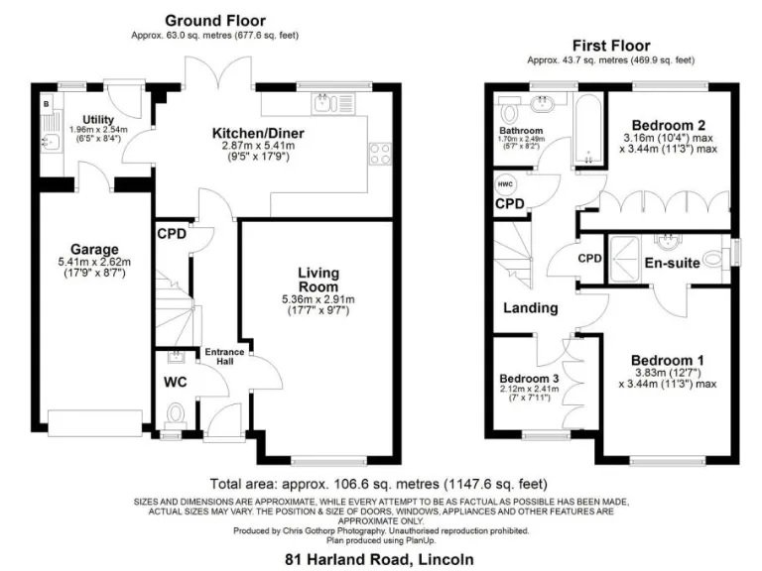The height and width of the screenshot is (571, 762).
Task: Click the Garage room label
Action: click(94, 249)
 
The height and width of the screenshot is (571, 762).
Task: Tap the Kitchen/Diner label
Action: click(258, 133)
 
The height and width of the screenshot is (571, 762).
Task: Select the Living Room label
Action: click(318, 280)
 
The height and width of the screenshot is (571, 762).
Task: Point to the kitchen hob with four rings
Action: click(379, 154)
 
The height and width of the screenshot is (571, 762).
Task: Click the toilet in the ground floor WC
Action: click(176, 413)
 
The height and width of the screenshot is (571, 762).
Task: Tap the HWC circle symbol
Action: click(504, 182)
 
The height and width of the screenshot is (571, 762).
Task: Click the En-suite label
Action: click(669, 264)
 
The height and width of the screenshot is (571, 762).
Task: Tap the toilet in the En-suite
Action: click(714, 263)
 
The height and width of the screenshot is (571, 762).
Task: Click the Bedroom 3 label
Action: click(529, 379)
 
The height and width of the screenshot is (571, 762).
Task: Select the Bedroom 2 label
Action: click(672, 124)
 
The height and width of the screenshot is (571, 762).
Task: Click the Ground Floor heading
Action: click(214, 21)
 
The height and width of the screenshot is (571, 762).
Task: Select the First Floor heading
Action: click(610, 46)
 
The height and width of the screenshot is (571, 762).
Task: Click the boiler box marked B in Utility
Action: click(46, 102)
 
